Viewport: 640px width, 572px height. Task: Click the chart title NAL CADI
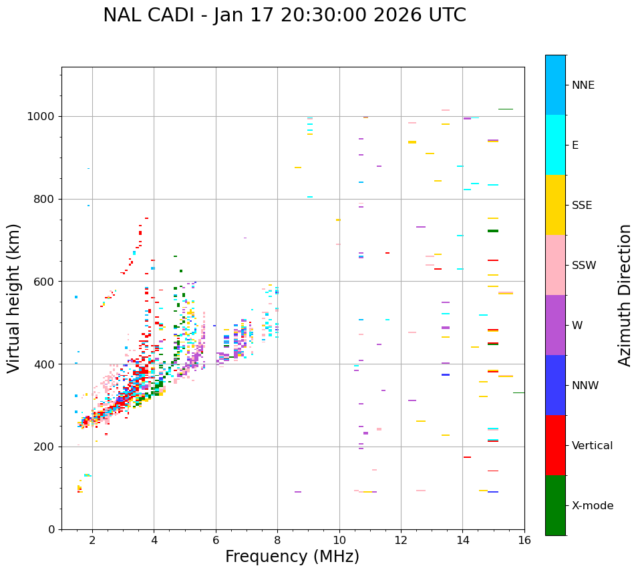(285, 15)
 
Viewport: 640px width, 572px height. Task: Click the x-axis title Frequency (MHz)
(292, 557)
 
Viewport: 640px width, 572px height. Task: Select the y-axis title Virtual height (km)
(14, 298)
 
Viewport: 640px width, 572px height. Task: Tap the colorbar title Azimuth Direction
(625, 295)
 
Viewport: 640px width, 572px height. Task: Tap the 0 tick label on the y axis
(51, 529)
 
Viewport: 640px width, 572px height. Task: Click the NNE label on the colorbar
(583, 85)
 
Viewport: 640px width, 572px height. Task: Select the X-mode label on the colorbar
(593, 506)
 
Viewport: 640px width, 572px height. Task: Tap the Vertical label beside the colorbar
(593, 446)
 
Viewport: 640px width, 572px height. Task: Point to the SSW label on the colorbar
(584, 266)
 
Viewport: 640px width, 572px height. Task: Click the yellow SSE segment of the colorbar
(555, 205)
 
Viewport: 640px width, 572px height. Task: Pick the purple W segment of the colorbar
(555, 325)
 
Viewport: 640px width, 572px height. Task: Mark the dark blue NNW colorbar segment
(555, 385)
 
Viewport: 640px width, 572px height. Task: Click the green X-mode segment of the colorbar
(555, 505)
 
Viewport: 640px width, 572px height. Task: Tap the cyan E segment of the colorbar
(555, 145)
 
